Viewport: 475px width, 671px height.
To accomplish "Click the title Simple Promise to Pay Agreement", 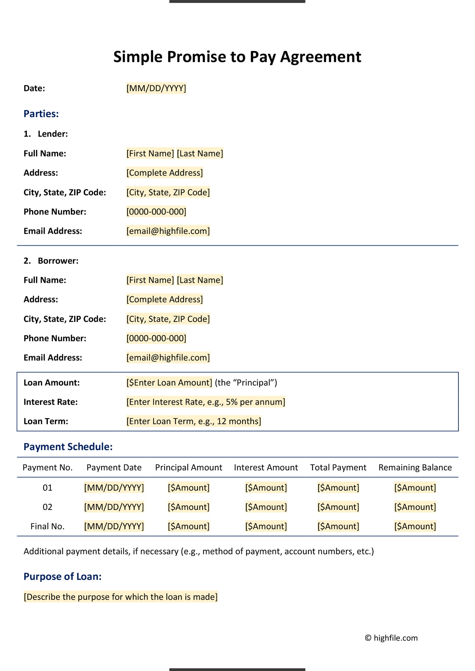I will [x=237, y=57].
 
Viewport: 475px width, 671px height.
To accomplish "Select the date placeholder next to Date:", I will [x=156, y=88].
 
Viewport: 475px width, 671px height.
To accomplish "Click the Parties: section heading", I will [x=41, y=114].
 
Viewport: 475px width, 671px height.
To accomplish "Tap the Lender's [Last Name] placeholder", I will [x=200, y=153].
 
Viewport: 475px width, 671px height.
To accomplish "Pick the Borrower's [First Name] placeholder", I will [x=150, y=280].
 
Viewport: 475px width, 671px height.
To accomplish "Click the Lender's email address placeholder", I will [x=168, y=231].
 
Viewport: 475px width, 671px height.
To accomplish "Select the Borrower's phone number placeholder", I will [x=156, y=338].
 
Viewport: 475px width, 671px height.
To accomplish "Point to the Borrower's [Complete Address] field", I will [x=164, y=299].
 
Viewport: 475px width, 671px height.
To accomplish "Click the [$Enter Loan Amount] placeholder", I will [x=169, y=382].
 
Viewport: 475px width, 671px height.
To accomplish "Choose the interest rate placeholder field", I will [x=206, y=402].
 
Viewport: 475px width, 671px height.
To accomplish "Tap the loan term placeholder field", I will [x=193, y=421].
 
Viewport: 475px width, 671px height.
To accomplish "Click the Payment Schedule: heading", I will [x=68, y=447].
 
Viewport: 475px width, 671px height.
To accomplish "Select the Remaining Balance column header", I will [x=415, y=467].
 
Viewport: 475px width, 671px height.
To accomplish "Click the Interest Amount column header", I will [x=266, y=467].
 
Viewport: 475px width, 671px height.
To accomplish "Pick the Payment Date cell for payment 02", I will [x=114, y=507].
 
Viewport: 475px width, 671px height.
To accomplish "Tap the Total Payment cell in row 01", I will [x=338, y=488].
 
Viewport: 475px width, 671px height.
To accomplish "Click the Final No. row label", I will [x=47, y=526].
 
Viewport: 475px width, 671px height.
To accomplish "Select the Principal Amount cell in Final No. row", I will [x=189, y=526].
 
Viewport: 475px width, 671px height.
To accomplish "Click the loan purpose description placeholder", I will [x=121, y=597].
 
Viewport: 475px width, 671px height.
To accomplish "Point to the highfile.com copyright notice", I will [x=391, y=638].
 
